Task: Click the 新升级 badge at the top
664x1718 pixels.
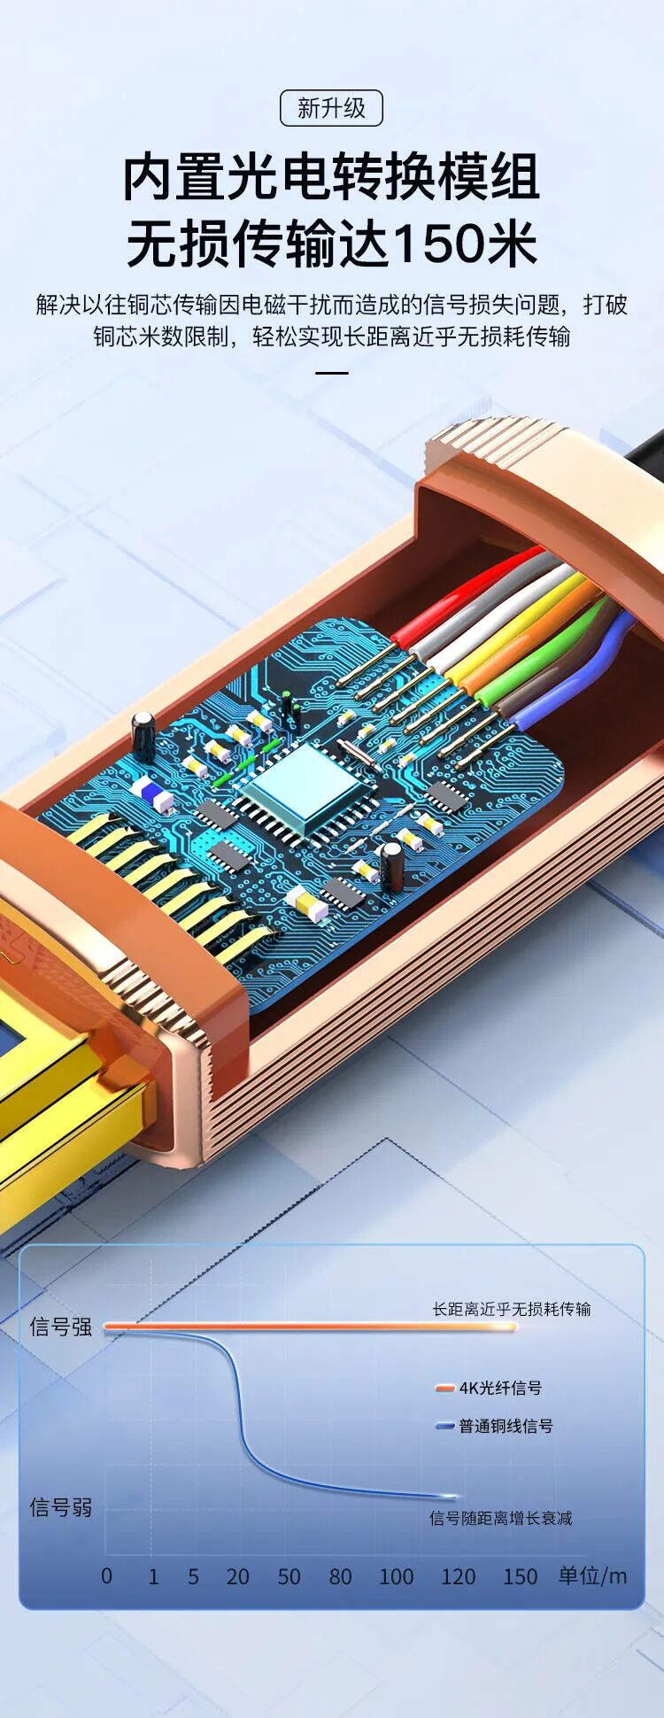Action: pyautogui.click(x=331, y=108)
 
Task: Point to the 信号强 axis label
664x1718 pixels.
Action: pyautogui.click(x=61, y=1327)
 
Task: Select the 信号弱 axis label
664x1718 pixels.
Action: pyautogui.click(x=61, y=1507)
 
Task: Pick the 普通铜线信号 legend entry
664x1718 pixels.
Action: pyautogui.click(x=495, y=1426)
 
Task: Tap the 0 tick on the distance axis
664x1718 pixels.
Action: pyautogui.click(x=107, y=1576)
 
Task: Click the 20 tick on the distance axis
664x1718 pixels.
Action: pyautogui.click(x=237, y=1576)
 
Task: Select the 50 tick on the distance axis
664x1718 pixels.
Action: pyautogui.click(x=289, y=1576)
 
